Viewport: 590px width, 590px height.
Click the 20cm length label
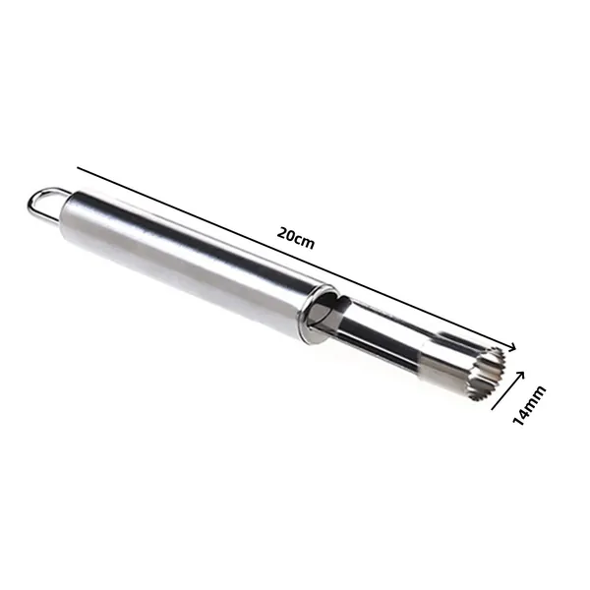click(295, 238)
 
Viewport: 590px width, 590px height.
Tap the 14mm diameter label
click(529, 405)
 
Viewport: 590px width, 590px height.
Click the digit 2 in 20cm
click(282, 232)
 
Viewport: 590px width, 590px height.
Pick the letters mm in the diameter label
click(536, 396)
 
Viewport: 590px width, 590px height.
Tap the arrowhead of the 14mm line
click(519, 376)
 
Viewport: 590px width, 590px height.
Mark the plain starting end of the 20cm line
click(78, 168)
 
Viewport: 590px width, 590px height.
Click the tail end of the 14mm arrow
click(493, 409)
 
